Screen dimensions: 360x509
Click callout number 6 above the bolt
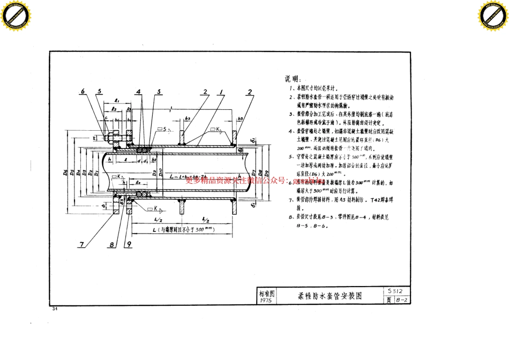click(x=83, y=92)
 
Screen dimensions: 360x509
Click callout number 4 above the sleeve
click(x=138, y=92)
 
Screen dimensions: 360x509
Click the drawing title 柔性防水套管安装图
click(x=330, y=296)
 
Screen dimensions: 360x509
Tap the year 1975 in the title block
click(x=265, y=301)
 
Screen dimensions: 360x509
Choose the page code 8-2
click(x=402, y=300)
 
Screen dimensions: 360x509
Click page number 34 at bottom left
click(x=54, y=309)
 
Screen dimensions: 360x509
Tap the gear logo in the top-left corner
click(x=15, y=15)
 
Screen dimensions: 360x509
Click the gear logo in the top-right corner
click(x=493, y=15)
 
